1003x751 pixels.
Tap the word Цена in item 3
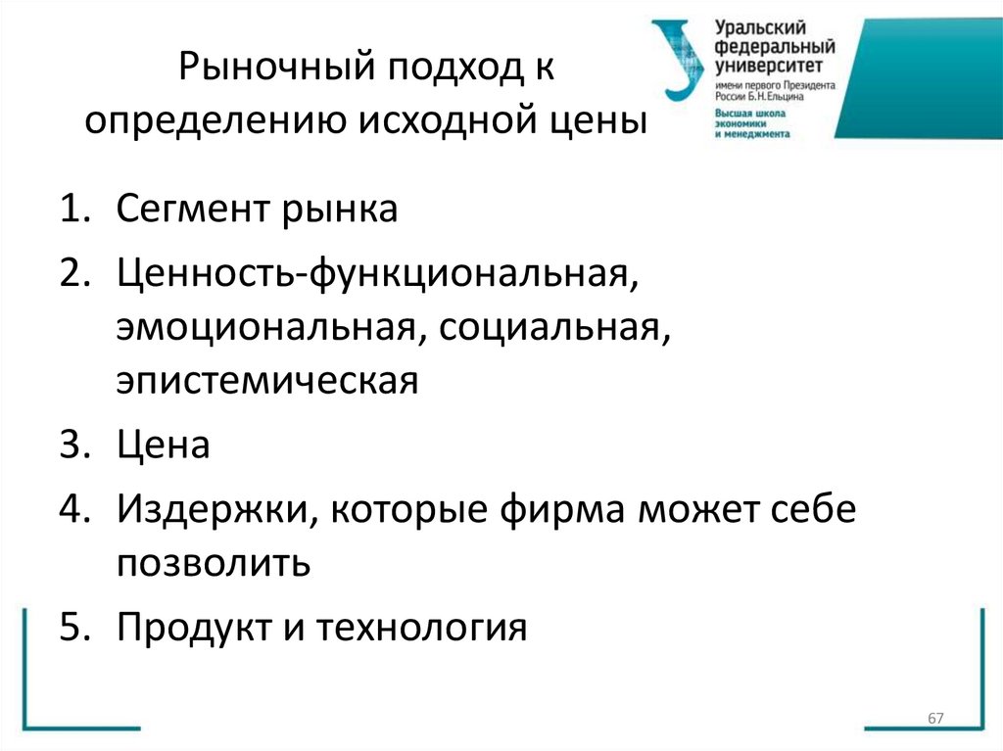click(x=163, y=446)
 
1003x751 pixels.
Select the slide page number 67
click(x=934, y=721)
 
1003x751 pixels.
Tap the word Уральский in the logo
click(x=755, y=28)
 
